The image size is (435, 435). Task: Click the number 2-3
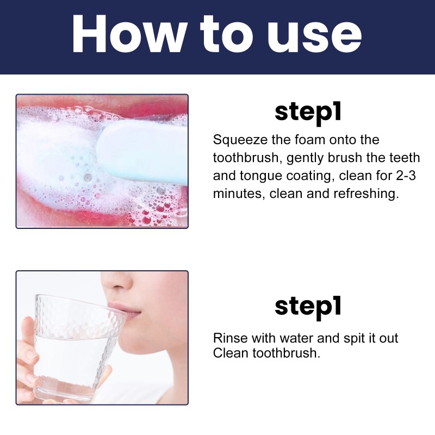(x=408, y=176)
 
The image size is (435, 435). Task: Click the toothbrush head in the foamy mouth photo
(x=141, y=150)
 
